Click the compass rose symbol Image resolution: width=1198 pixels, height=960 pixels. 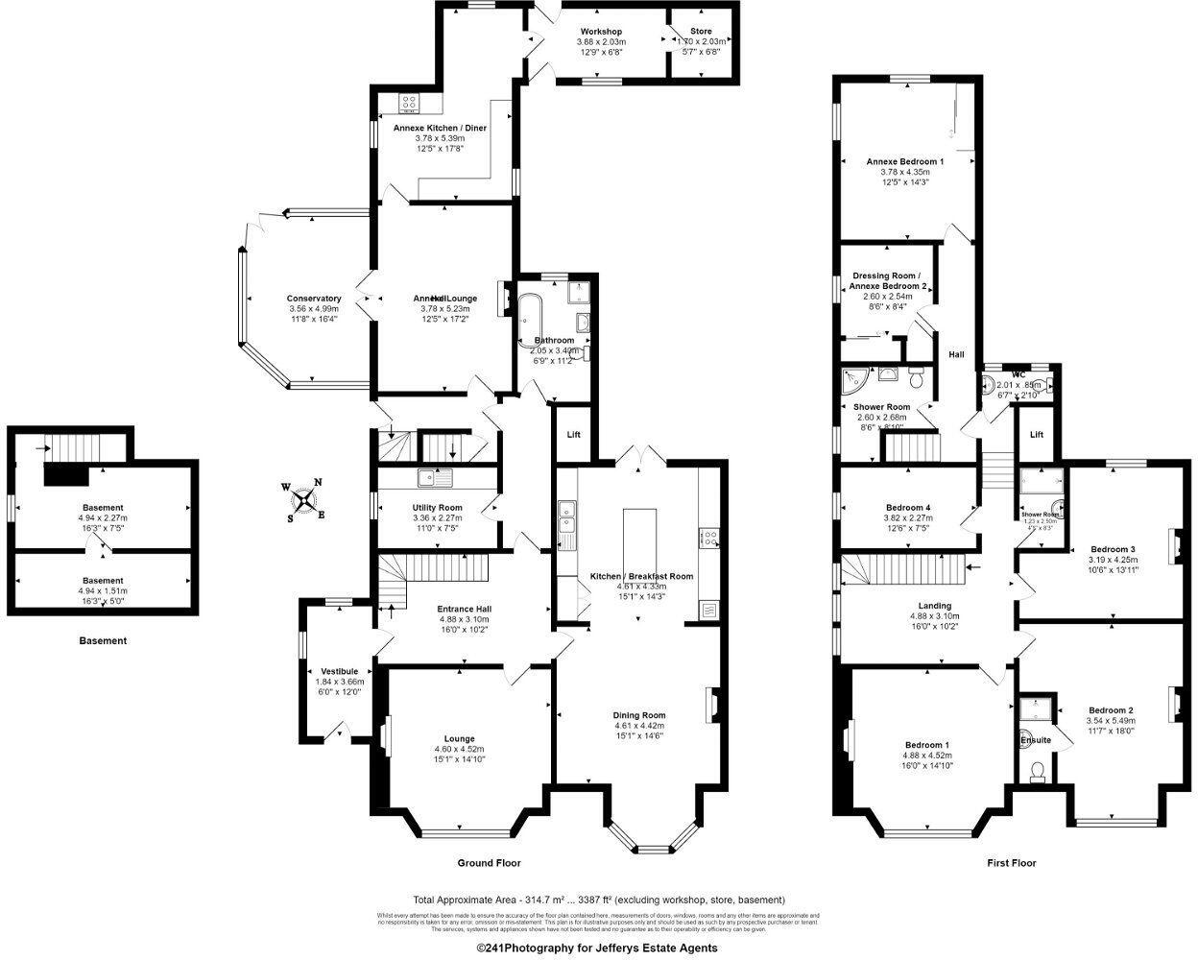(x=304, y=499)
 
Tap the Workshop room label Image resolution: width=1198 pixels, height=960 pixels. (x=601, y=32)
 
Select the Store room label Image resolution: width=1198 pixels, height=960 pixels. (x=701, y=32)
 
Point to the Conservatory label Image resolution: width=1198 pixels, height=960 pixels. (x=313, y=299)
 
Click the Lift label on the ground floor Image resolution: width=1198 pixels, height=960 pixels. (x=573, y=435)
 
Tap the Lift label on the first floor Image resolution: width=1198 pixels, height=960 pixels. (x=1037, y=435)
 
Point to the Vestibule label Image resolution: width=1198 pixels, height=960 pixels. (x=339, y=671)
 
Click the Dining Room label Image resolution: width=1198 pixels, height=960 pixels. (x=639, y=715)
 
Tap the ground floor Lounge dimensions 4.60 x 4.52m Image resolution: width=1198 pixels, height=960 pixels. (x=460, y=749)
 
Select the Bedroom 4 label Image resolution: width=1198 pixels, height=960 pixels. (x=907, y=508)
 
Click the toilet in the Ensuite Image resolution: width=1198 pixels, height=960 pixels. (x=1035, y=769)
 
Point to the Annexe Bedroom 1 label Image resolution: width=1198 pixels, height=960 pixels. (x=904, y=161)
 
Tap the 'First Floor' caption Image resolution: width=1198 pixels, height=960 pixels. (x=1012, y=863)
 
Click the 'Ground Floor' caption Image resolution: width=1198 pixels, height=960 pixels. (x=489, y=863)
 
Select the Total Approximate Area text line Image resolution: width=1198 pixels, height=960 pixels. (x=598, y=900)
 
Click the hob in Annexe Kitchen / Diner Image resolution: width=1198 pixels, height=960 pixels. (x=407, y=101)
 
